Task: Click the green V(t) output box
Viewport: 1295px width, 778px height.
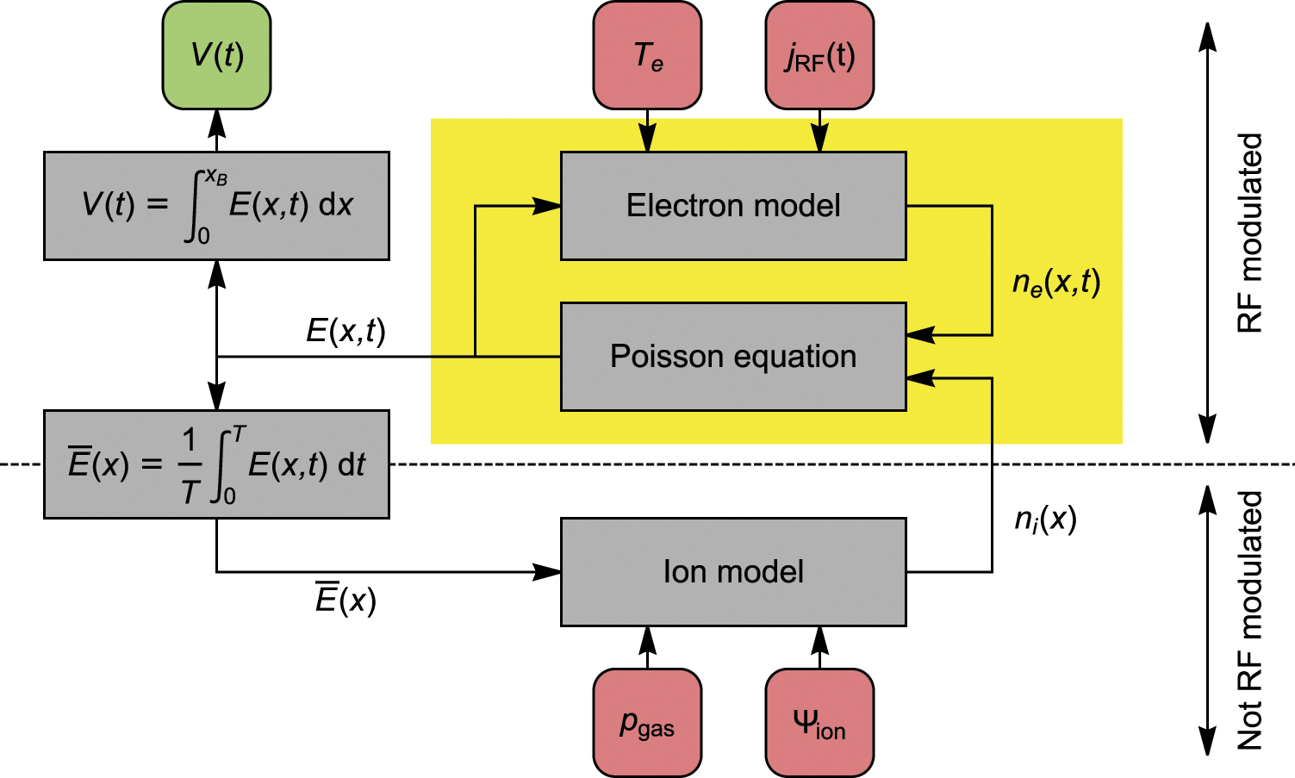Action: coord(216,55)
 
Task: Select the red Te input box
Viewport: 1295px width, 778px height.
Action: coord(647,55)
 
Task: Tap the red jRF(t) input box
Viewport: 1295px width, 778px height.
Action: coord(819,55)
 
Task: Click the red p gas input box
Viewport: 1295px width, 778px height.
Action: coord(647,723)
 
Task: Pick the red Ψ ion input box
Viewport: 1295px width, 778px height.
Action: coord(819,723)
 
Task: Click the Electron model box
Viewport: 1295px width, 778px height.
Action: coord(733,206)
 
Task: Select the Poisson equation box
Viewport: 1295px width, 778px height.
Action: coord(733,357)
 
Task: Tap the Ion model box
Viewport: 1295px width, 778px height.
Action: coord(733,572)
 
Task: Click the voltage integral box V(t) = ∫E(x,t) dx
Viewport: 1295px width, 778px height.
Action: coord(216,206)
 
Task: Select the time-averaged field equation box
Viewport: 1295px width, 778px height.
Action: coord(216,464)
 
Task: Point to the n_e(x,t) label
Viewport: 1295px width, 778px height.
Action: coord(1056,283)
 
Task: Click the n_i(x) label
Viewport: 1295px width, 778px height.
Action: coord(1045,519)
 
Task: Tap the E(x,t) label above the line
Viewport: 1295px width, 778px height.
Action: coord(346,331)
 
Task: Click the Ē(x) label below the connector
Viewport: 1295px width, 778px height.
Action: coord(346,600)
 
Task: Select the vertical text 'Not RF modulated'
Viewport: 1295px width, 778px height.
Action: coord(1249,620)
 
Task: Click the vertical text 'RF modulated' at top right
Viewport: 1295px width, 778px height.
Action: coord(1249,233)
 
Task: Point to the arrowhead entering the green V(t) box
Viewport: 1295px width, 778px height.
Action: coord(217,122)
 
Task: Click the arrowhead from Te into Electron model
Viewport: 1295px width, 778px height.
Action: coord(647,140)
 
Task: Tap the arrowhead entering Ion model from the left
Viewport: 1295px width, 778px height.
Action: coord(547,572)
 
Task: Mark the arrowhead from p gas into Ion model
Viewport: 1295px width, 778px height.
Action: coord(647,638)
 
